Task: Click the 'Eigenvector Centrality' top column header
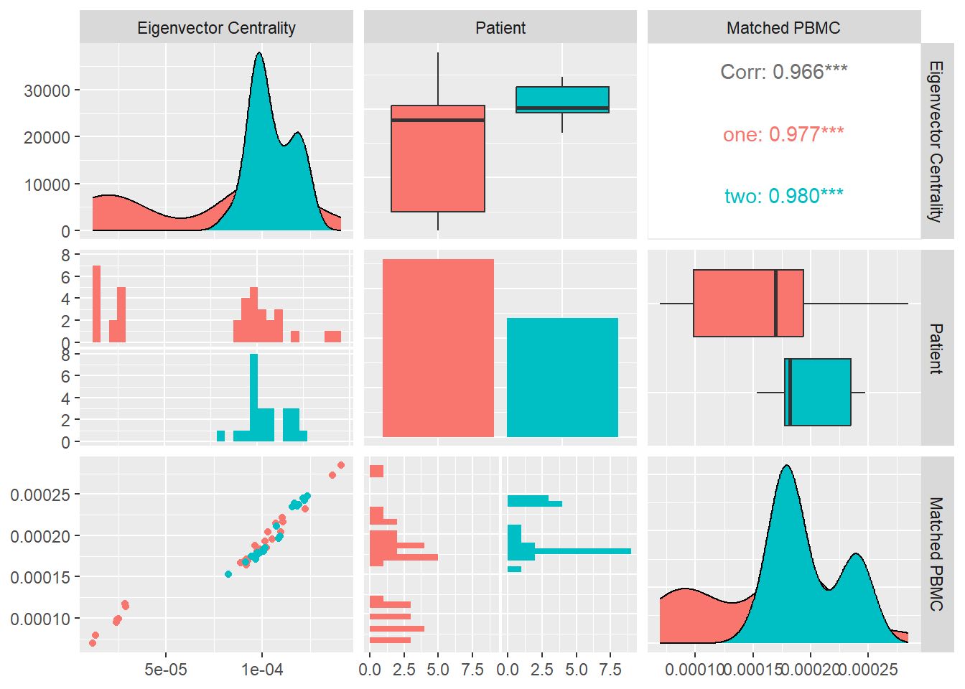tap(216, 28)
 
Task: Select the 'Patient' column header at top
tap(500, 28)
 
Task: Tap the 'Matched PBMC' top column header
tap(783, 28)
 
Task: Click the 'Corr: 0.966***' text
tap(783, 72)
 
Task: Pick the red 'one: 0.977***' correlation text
tap(783, 134)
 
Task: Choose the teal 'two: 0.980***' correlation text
tap(783, 196)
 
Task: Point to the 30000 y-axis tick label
tap(47, 91)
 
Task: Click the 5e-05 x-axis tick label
tap(166, 670)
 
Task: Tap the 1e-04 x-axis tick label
tap(262, 670)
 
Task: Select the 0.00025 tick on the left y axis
tap(40, 495)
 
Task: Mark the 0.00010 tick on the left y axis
tap(40, 619)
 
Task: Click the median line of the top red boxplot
tap(438, 120)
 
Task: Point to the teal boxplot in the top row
tap(562, 100)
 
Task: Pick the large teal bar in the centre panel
tap(562, 377)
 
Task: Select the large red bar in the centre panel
tap(438, 347)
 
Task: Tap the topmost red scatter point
tap(341, 465)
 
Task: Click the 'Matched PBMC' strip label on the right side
tap(936, 553)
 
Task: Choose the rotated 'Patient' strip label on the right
tap(936, 348)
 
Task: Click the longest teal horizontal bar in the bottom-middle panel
tap(569, 551)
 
